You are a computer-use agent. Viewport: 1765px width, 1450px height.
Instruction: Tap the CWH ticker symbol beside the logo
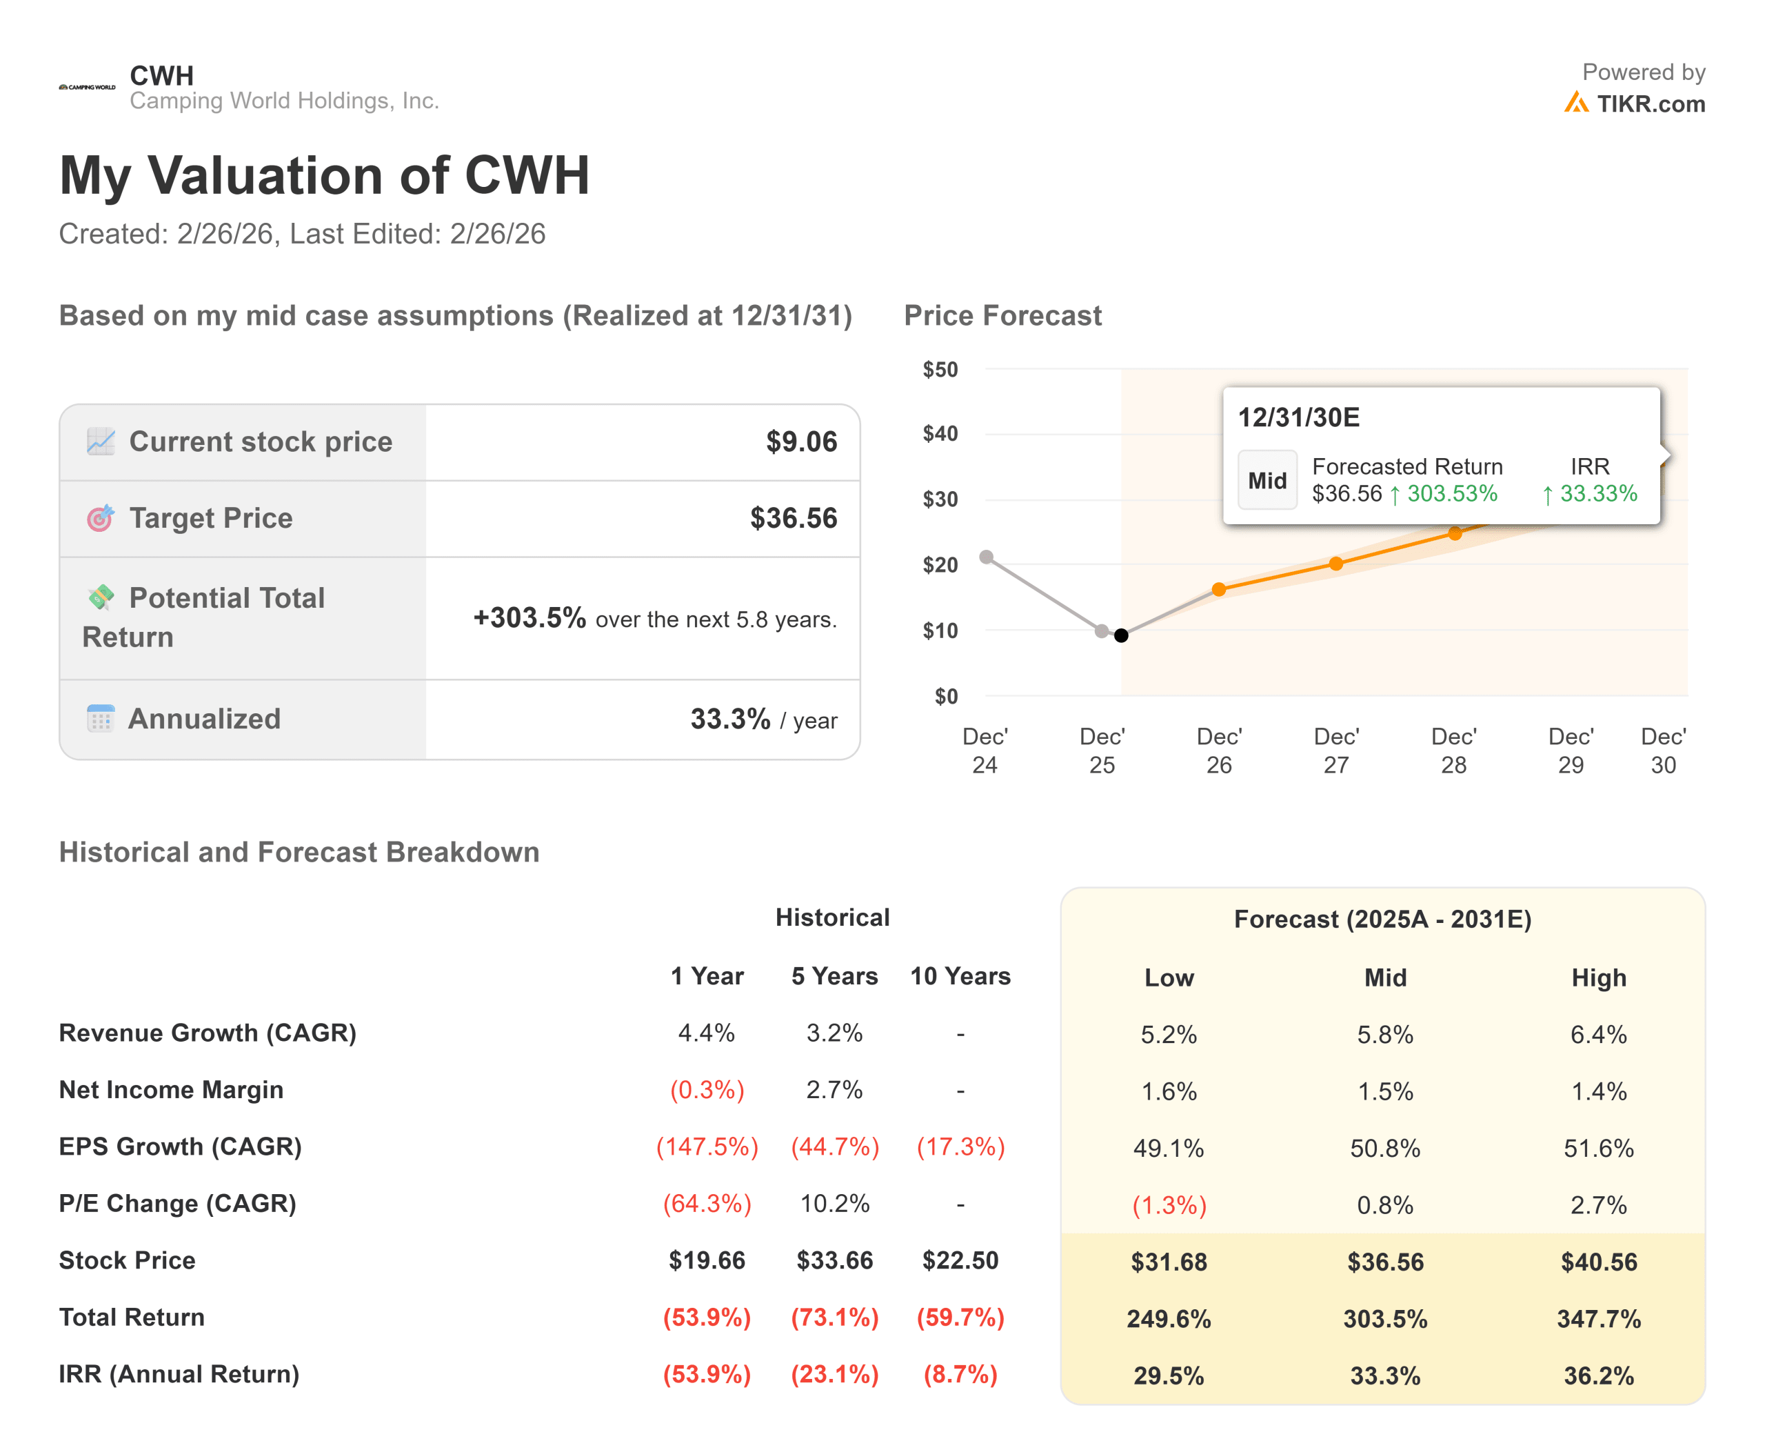pyautogui.click(x=162, y=75)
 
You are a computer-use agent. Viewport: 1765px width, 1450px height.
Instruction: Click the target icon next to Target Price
pyautogui.click(x=100, y=518)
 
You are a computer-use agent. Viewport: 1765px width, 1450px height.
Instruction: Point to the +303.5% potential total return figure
pyautogui.click(x=529, y=617)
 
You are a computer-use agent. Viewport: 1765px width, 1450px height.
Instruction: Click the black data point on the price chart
pyautogui.click(x=1121, y=635)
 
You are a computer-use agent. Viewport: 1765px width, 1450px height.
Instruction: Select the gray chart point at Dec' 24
pyautogui.click(x=986, y=557)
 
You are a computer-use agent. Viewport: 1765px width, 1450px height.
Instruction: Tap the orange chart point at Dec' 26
pyautogui.click(x=1219, y=590)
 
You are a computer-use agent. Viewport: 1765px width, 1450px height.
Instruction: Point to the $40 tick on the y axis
pyautogui.click(x=940, y=433)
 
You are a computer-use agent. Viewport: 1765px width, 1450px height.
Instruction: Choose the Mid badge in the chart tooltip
pyautogui.click(x=1267, y=480)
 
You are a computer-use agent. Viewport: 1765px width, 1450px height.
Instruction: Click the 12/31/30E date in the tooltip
pyautogui.click(x=1298, y=417)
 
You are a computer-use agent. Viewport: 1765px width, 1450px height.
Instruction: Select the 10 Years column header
pyautogui.click(x=960, y=975)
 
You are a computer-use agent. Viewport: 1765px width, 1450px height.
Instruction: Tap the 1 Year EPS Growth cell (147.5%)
pyautogui.click(x=707, y=1146)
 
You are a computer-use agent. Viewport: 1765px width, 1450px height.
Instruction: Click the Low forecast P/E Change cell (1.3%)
pyautogui.click(x=1169, y=1205)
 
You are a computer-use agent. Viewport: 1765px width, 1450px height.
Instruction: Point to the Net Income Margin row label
pyautogui.click(x=171, y=1090)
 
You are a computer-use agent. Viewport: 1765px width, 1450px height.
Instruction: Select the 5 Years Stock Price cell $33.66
pyautogui.click(x=835, y=1260)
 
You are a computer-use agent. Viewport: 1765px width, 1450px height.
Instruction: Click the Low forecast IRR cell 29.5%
pyautogui.click(x=1169, y=1375)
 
